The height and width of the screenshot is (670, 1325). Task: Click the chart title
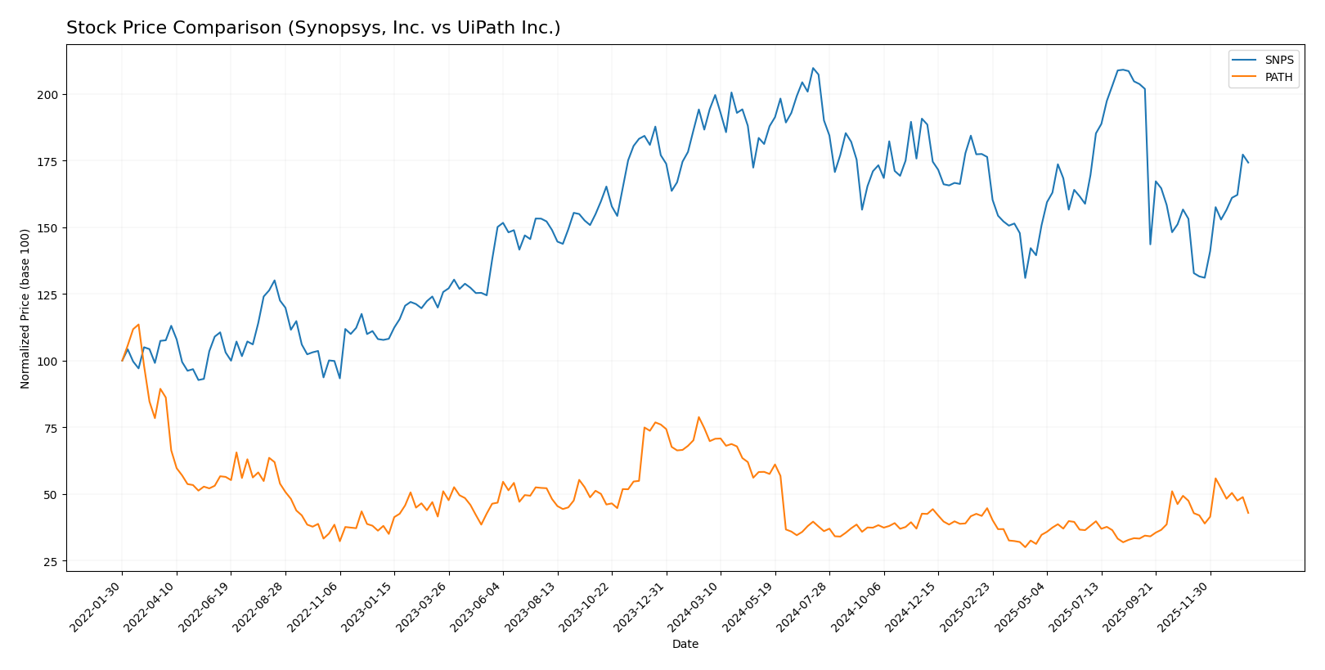pos(313,29)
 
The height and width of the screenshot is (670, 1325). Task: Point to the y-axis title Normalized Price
pos(25,308)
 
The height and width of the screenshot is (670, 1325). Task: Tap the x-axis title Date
pos(685,645)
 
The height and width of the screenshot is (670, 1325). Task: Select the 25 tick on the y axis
pos(50,562)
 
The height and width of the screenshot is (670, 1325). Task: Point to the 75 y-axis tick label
pos(50,428)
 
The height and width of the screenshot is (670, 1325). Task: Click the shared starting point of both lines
pos(123,361)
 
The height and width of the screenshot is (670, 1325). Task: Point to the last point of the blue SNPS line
pos(1248,163)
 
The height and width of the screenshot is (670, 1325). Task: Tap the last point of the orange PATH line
pos(1248,513)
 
